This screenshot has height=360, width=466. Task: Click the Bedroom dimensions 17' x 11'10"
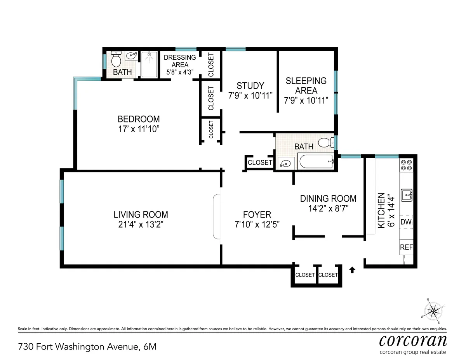pyautogui.click(x=139, y=129)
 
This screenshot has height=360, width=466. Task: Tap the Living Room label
pyautogui.click(x=141, y=214)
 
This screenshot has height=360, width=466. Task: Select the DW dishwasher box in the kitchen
pyautogui.click(x=406, y=222)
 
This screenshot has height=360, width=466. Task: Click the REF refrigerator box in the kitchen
pyautogui.click(x=406, y=247)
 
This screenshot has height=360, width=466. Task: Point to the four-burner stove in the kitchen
pyautogui.click(x=406, y=165)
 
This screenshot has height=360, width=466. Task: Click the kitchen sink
pyautogui.click(x=407, y=194)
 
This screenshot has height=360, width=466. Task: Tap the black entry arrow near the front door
pyautogui.click(x=353, y=270)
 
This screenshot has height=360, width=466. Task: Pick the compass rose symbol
pyautogui.click(x=433, y=311)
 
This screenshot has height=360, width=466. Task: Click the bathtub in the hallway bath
pyautogui.click(x=316, y=161)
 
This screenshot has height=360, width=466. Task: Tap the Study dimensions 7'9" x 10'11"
pyautogui.click(x=250, y=95)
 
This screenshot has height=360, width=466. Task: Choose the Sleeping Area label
pyautogui.click(x=306, y=85)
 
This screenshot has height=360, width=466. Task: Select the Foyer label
pyautogui.click(x=257, y=215)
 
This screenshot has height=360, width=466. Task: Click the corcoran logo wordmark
pyautogui.click(x=412, y=341)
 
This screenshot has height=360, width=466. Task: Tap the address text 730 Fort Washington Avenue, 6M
pyautogui.click(x=87, y=346)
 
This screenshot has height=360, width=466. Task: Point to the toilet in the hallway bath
pyautogui.click(x=325, y=143)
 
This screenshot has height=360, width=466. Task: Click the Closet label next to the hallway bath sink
pyautogui.click(x=260, y=162)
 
